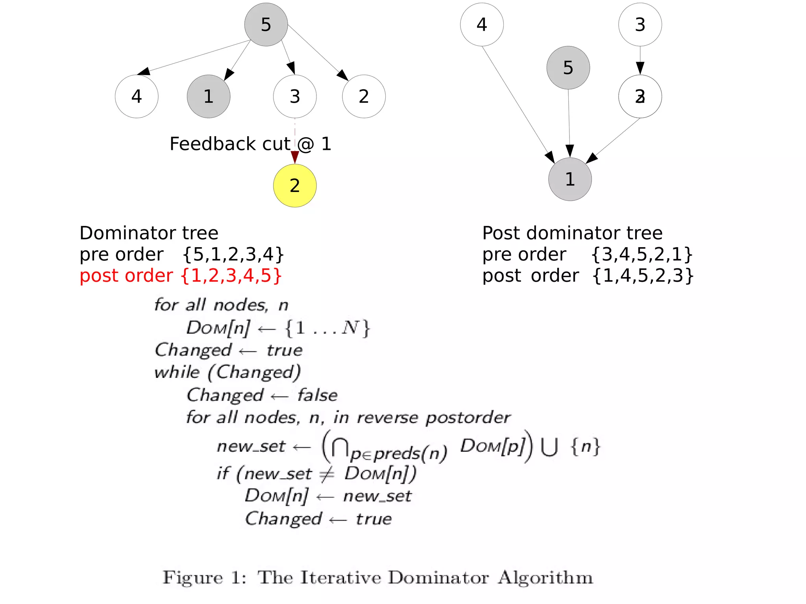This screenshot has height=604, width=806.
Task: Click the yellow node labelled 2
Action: click(x=295, y=185)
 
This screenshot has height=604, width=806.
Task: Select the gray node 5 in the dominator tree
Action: click(x=266, y=25)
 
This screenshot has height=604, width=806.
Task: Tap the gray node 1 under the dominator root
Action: click(x=209, y=96)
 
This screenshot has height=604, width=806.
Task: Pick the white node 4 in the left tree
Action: click(x=137, y=96)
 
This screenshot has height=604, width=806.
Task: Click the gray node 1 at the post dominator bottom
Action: click(x=570, y=179)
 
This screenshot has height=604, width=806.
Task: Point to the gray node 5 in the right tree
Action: click(x=568, y=68)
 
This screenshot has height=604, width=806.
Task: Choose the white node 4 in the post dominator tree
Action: click(x=482, y=25)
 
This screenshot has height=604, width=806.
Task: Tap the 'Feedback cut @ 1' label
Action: click(x=250, y=144)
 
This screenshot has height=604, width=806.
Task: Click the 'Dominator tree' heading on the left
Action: click(x=149, y=233)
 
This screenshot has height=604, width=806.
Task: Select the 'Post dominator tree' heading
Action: click(x=572, y=233)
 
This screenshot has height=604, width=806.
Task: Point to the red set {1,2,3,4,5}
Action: click(x=231, y=275)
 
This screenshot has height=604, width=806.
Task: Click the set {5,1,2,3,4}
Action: click(x=233, y=254)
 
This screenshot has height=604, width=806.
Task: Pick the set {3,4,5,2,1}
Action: click(x=642, y=254)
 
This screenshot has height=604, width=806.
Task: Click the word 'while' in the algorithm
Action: click(x=177, y=372)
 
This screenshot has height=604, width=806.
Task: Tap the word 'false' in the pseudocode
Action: click(x=317, y=395)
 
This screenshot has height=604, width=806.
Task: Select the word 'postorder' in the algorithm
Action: click(x=468, y=417)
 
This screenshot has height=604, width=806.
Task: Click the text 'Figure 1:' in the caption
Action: click(x=205, y=578)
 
